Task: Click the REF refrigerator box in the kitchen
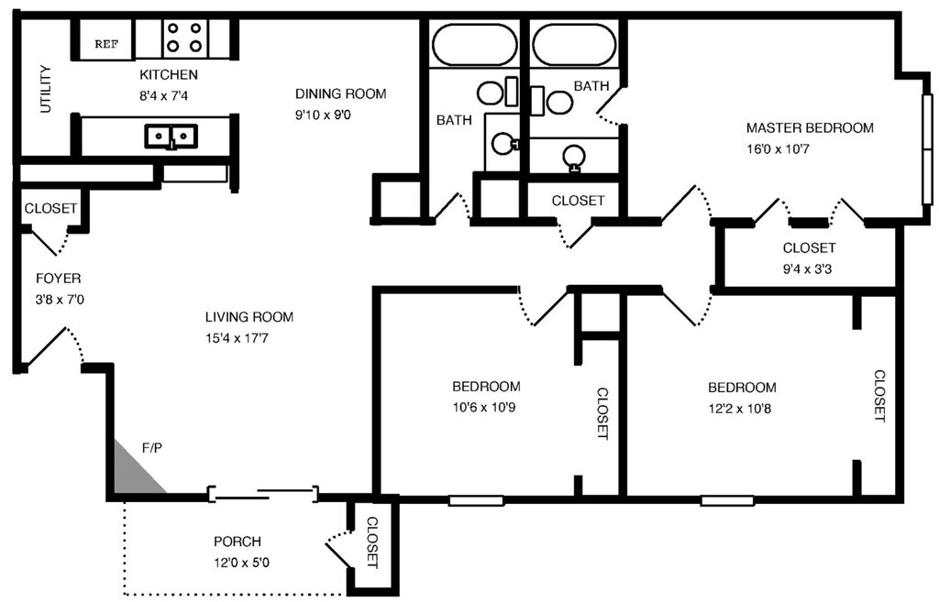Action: click(105, 42)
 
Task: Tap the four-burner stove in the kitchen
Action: click(182, 37)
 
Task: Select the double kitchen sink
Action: click(171, 137)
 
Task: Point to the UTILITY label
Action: click(45, 89)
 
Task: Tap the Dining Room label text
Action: click(340, 93)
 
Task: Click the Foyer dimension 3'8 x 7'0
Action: click(58, 299)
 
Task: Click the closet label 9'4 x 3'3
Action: click(809, 268)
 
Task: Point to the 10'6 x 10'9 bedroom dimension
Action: click(486, 406)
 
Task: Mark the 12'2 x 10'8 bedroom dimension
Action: click(741, 407)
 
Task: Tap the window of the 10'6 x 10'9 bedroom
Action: click(476, 500)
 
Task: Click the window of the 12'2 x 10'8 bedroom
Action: click(727, 500)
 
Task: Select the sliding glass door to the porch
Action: click(263, 495)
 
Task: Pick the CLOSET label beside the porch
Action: click(372, 542)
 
